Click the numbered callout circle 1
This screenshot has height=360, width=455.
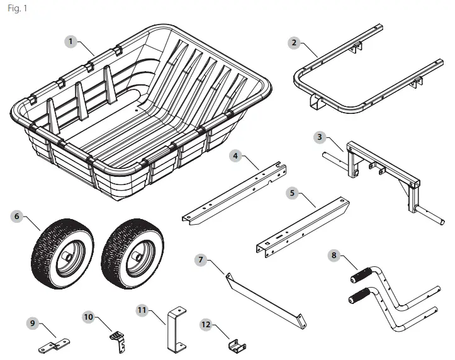point(71,41)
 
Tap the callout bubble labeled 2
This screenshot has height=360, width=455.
point(294,43)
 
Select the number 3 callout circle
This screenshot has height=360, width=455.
point(320,136)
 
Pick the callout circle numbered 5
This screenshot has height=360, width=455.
point(292,193)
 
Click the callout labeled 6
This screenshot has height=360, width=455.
point(18,216)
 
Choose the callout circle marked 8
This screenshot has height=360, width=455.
point(334,255)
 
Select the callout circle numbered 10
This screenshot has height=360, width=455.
point(88,317)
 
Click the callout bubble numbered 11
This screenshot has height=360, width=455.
point(142,310)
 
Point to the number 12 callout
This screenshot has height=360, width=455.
point(205,324)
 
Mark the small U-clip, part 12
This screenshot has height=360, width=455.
point(237,346)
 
